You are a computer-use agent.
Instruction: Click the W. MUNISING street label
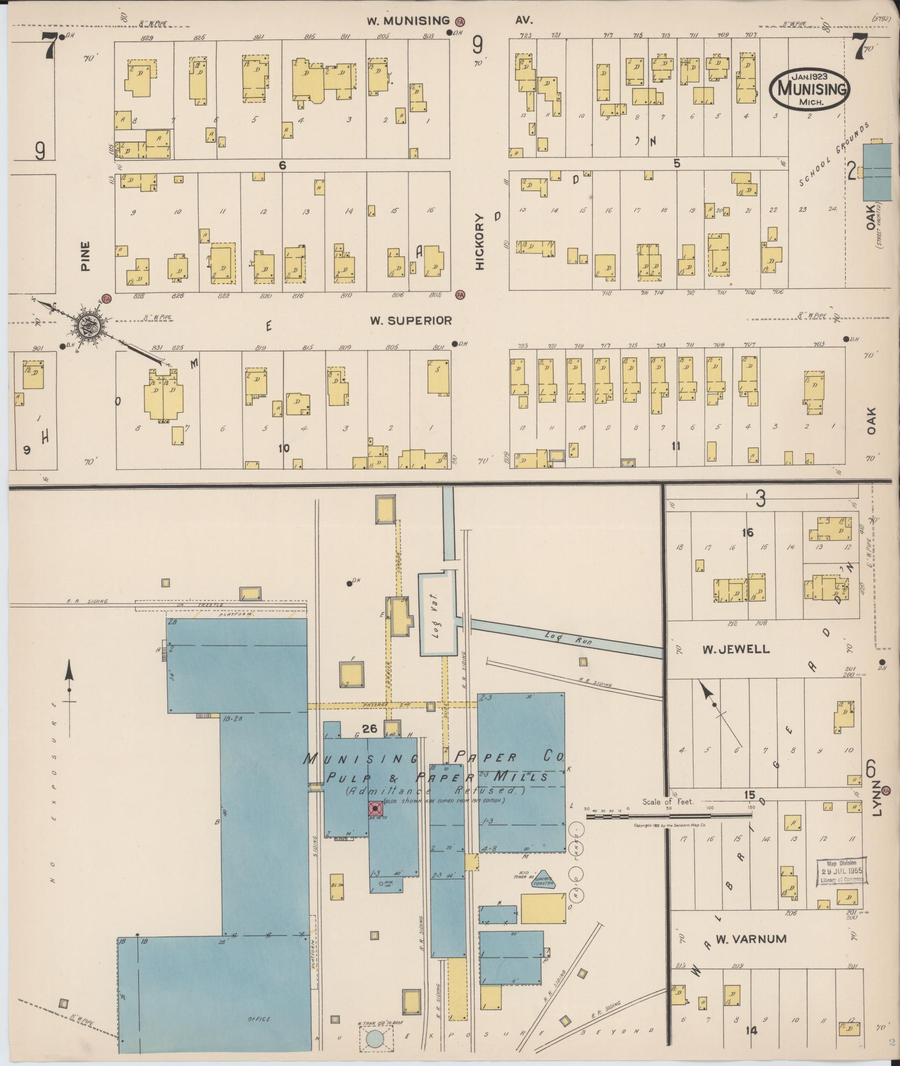(x=409, y=21)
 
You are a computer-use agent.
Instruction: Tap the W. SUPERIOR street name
(x=411, y=320)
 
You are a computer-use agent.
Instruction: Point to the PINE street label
(x=86, y=255)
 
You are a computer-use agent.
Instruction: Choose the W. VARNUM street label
(x=742, y=939)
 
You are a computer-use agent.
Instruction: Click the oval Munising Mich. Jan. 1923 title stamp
(x=809, y=88)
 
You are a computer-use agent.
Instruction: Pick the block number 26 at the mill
(x=369, y=729)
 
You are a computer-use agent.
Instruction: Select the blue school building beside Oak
(x=877, y=171)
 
